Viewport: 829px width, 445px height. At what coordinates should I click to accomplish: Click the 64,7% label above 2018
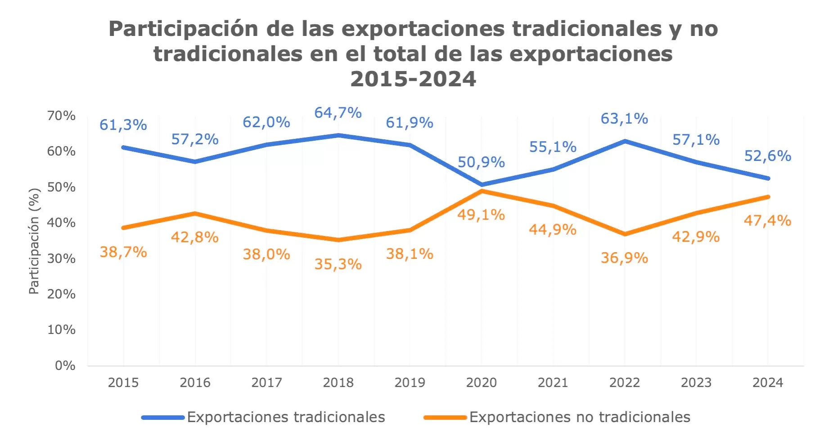(x=338, y=113)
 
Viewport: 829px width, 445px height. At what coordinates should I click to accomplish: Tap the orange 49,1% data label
(x=481, y=215)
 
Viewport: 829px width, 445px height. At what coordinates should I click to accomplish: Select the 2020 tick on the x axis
(x=481, y=383)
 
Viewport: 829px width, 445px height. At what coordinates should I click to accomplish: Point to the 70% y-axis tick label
(x=61, y=116)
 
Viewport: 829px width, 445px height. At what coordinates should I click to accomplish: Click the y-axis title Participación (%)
(x=34, y=241)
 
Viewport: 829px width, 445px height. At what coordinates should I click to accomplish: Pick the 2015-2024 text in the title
(x=413, y=79)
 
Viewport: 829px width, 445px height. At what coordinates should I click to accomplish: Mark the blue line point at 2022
(x=625, y=141)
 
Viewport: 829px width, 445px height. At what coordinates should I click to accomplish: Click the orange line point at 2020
(x=482, y=191)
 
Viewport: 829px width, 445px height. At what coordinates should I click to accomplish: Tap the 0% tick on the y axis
(x=65, y=365)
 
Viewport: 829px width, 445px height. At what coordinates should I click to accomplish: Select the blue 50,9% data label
(x=481, y=162)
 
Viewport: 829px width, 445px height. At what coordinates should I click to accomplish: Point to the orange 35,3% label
(x=338, y=264)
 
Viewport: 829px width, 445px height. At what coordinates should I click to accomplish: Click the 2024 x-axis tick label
(x=767, y=383)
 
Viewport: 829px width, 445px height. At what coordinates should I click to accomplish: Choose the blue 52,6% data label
(x=767, y=156)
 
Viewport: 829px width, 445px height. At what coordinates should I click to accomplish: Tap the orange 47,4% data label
(x=767, y=221)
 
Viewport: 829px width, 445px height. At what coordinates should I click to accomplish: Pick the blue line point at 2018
(x=338, y=135)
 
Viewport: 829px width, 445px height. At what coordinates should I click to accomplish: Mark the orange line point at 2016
(x=195, y=213)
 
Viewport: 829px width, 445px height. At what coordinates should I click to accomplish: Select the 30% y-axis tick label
(x=61, y=258)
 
